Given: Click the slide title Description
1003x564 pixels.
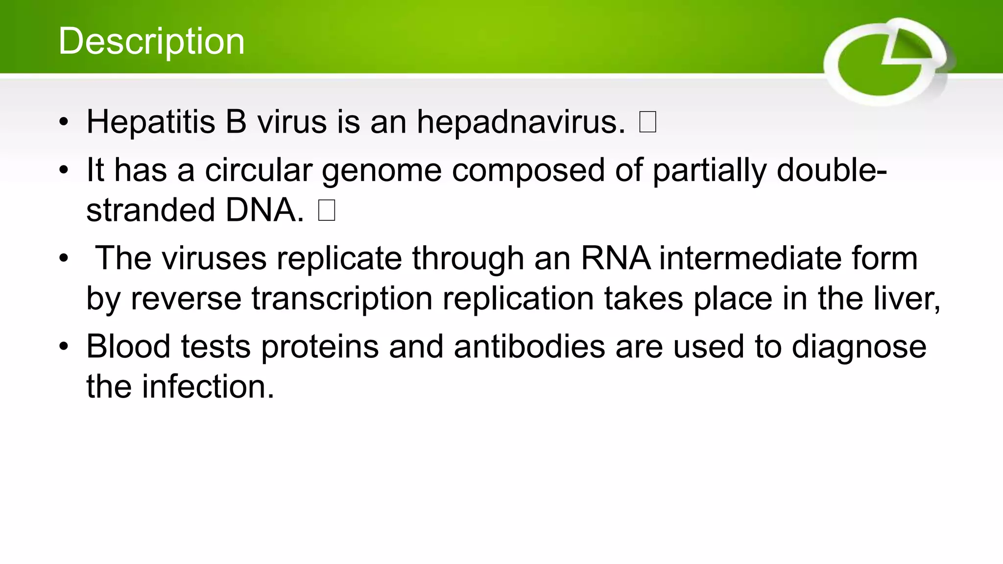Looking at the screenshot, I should (151, 41).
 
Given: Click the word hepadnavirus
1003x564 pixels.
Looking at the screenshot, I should (521, 122).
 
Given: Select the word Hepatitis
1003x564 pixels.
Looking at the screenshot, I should (151, 122).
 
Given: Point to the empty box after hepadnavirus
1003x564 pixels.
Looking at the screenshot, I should (647, 122).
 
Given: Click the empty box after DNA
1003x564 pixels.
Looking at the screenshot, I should (327, 211).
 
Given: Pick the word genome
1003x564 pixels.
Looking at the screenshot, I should (382, 171).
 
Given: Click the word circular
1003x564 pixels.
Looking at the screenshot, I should (258, 171).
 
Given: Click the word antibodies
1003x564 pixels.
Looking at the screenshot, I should (529, 347).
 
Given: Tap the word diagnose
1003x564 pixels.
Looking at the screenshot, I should (859, 348).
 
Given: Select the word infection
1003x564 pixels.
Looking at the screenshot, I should (208, 387).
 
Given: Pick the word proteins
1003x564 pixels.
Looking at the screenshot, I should (320, 348).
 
